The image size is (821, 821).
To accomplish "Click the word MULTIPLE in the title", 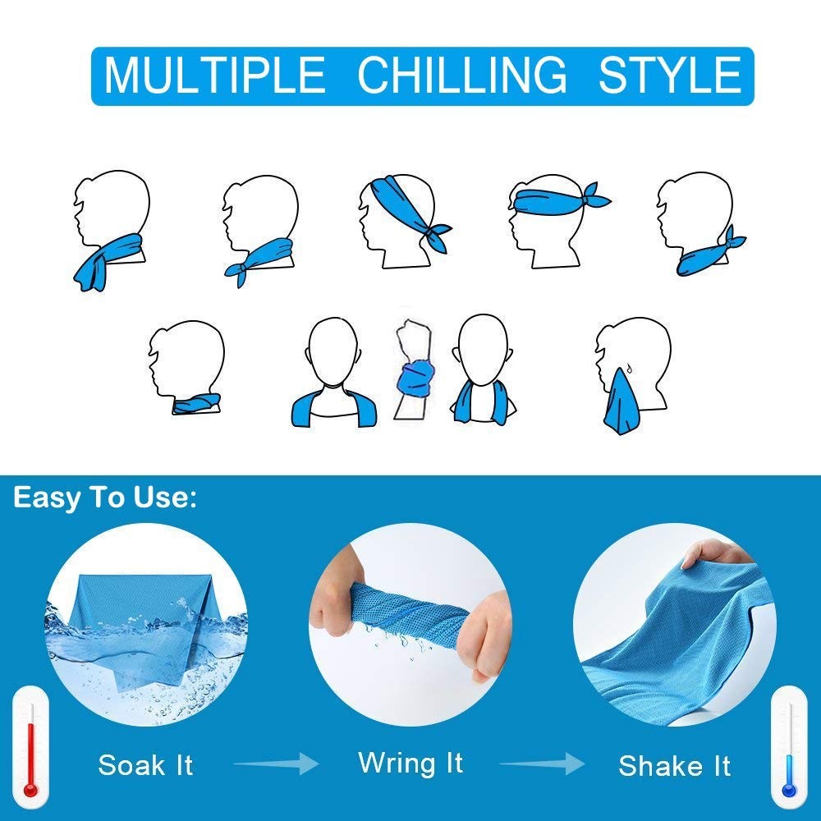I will (215, 76).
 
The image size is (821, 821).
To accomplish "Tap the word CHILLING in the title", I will (462, 76).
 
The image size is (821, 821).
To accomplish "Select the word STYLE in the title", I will (669, 76).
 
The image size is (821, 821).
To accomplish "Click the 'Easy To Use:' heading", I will (105, 498).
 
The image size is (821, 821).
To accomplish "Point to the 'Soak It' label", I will (145, 765).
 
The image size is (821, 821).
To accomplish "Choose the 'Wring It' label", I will (410, 763).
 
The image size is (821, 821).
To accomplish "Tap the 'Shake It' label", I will (674, 766).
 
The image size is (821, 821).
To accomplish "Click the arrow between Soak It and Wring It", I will (276, 764).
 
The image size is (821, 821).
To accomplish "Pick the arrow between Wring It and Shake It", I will (543, 764).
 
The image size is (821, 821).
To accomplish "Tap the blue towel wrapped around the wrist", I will (415, 377).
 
